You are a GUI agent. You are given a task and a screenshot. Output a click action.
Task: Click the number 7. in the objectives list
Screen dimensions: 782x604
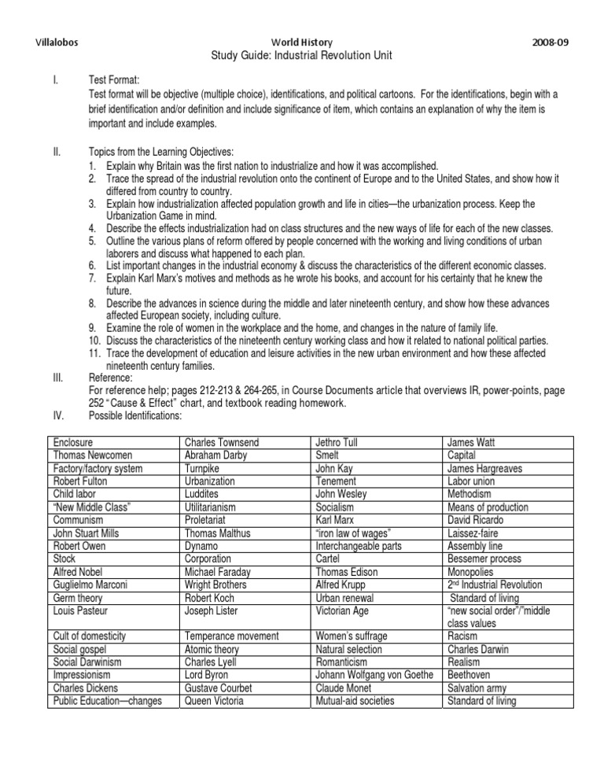point(94,277)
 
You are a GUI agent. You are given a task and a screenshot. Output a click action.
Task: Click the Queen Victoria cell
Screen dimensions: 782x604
point(213,701)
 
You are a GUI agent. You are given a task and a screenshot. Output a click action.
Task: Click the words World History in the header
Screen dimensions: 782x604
point(301,41)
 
